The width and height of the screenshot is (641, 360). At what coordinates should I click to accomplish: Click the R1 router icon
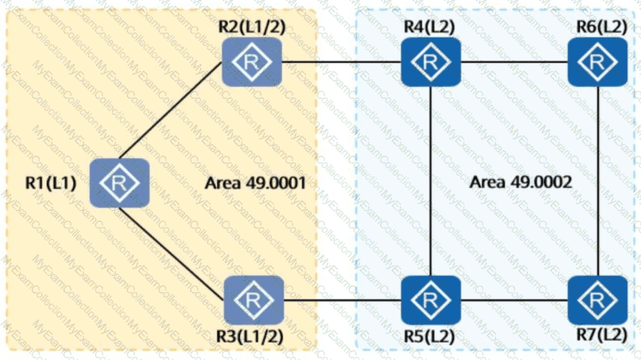(x=120, y=183)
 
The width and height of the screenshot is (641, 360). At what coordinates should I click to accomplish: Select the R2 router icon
(x=252, y=62)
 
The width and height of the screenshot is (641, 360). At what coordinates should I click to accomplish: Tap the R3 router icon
(x=254, y=300)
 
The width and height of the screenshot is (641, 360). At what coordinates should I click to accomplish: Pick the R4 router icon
(x=431, y=62)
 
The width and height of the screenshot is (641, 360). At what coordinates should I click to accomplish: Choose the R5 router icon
(x=431, y=300)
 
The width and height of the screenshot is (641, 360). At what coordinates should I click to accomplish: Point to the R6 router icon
(x=598, y=62)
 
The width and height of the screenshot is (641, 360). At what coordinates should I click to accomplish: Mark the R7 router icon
(x=598, y=300)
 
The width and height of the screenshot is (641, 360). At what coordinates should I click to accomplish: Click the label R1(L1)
(x=51, y=183)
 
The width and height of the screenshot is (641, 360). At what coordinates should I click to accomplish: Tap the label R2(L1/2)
(x=252, y=26)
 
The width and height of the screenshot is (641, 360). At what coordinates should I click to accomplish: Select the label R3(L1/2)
(x=250, y=336)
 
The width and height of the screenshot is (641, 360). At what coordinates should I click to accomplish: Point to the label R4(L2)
(x=429, y=26)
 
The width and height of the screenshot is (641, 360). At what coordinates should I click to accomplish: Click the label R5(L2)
(x=429, y=336)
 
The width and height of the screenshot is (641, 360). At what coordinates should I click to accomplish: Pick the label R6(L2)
(x=602, y=26)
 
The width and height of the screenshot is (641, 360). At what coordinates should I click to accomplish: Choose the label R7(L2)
(x=602, y=334)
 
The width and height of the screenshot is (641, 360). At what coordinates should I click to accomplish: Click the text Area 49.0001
(x=256, y=183)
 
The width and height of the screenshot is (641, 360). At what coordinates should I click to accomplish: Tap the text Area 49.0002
(x=521, y=182)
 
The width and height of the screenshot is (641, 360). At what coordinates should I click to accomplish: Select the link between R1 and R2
(x=171, y=111)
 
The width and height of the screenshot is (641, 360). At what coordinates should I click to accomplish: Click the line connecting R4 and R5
(x=430, y=181)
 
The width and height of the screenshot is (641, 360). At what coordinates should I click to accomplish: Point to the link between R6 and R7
(x=598, y=181)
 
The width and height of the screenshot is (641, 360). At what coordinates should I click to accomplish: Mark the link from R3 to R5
(x=342, y=301)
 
